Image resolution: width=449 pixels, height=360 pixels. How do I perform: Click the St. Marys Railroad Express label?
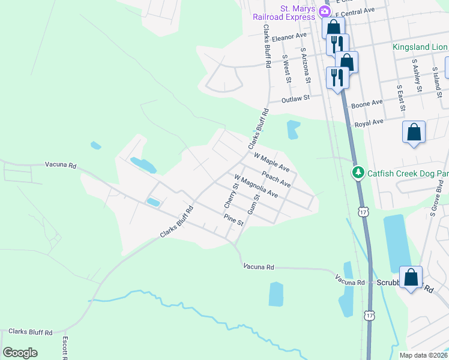[x=284, y=13]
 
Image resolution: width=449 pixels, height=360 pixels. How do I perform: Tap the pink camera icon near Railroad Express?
[x=325, y=11]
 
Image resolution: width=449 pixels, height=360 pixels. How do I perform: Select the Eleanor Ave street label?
[x=289, y=37]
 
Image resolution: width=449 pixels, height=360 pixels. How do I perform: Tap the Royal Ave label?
[x=369, y=122]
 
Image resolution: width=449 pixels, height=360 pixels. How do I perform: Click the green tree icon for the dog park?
[x=358, y=173]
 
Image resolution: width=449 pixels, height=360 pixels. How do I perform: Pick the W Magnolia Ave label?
[x=256, y=187]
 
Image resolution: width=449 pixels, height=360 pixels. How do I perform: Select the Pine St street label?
[x=233, y=220]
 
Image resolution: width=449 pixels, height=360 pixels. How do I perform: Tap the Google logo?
[x=20, y=353]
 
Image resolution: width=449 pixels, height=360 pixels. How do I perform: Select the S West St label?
[x=287, y=68]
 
